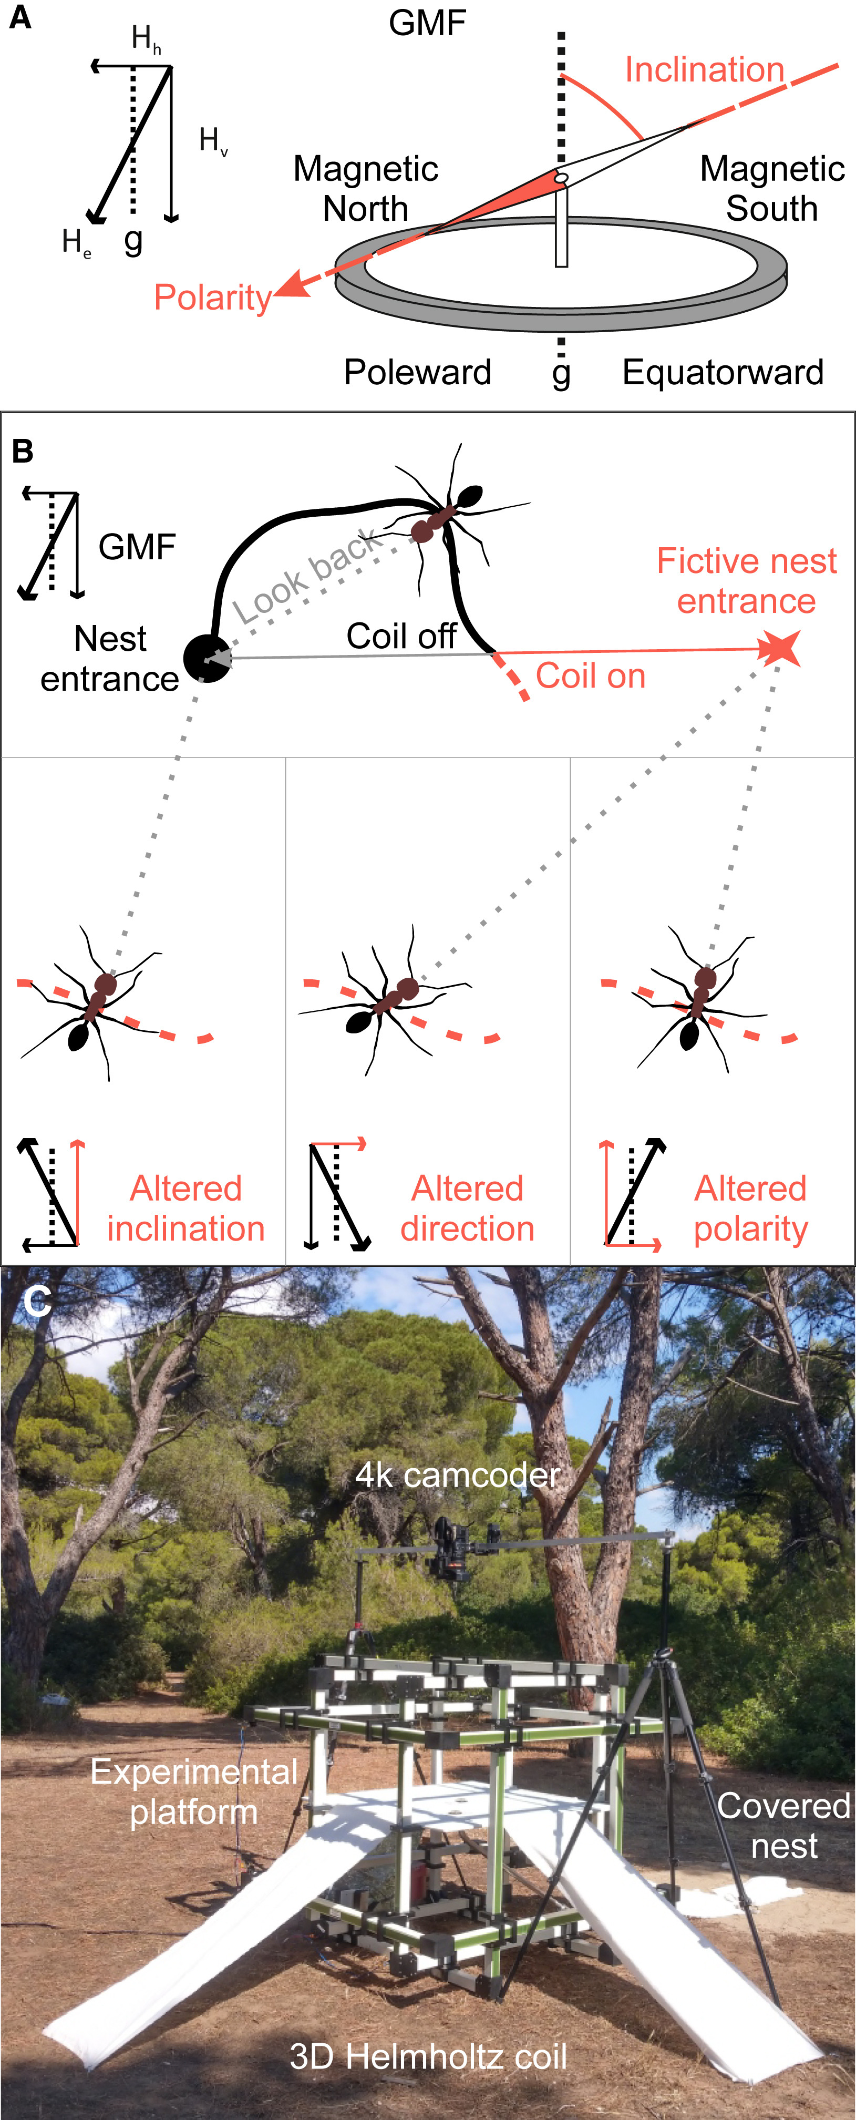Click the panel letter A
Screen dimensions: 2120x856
click(20, 17)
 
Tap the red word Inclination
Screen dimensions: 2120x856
click(704, 70)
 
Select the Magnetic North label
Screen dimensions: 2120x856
click(365, 189)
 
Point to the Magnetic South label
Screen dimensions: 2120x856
click(771, 189)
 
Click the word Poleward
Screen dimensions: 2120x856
click(417, 372)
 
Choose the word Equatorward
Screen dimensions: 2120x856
click(723, 372)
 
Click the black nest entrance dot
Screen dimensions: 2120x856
click(206, 658)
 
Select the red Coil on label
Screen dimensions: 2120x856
click(590, 677)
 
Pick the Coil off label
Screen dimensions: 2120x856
click(401, 636)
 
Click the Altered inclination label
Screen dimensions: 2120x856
click(186, 1208)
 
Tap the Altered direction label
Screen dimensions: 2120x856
click(468, 1208)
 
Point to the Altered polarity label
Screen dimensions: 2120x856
click(751, 1208)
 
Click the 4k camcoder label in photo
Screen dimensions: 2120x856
click(458, 1476)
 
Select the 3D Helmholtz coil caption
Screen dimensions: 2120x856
click(428, 2056)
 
